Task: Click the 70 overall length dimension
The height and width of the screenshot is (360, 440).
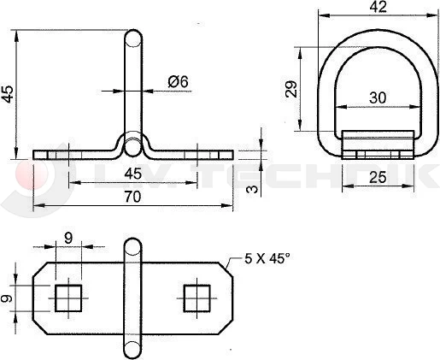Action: point(132,197)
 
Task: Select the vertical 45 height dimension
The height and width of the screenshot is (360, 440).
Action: point(9,93)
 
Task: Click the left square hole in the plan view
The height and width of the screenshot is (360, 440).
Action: point(67,298)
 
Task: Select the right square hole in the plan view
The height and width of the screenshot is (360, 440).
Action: point(197,298)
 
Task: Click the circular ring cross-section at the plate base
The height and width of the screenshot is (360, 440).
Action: point(132,148)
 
